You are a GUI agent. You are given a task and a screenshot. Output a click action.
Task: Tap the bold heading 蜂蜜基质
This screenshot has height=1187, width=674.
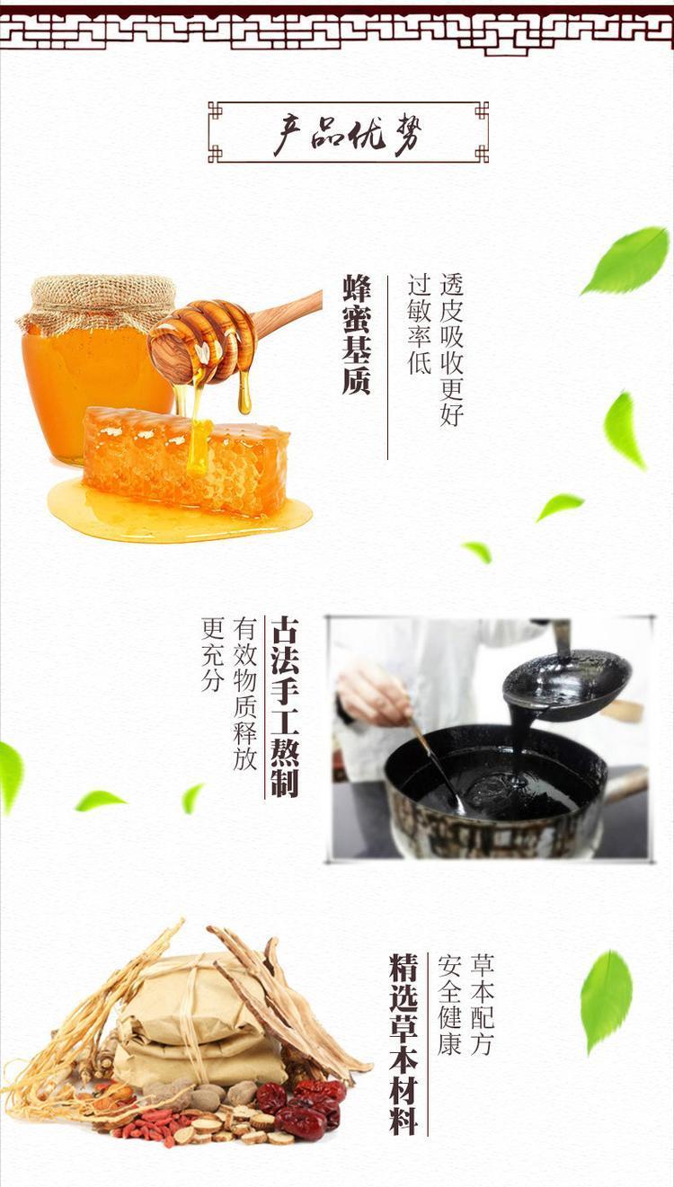(x=356, y=334)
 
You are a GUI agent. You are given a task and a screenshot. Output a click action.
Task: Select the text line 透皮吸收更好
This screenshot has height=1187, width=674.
(x=451, y=350)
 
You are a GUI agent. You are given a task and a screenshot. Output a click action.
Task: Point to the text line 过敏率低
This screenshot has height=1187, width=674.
(x=419, y=324)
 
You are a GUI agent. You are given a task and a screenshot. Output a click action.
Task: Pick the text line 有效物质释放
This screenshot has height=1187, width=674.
(x=244, y=693)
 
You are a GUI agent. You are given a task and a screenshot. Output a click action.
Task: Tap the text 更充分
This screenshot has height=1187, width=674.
(x=212, y=654)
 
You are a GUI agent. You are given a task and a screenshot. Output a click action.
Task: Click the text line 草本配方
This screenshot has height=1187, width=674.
(x=483, y=1005)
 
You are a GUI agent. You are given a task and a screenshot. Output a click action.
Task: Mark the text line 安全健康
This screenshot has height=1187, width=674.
(x=450, y=1005)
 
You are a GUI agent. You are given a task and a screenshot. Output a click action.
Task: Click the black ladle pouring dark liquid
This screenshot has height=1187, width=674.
(x=566, y=684)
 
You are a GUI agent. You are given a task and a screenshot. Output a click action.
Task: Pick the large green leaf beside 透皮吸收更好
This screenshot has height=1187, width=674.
(x=625, y=261)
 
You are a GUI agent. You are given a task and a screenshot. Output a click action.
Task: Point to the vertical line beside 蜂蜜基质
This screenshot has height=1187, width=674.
(x=387, y=368)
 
